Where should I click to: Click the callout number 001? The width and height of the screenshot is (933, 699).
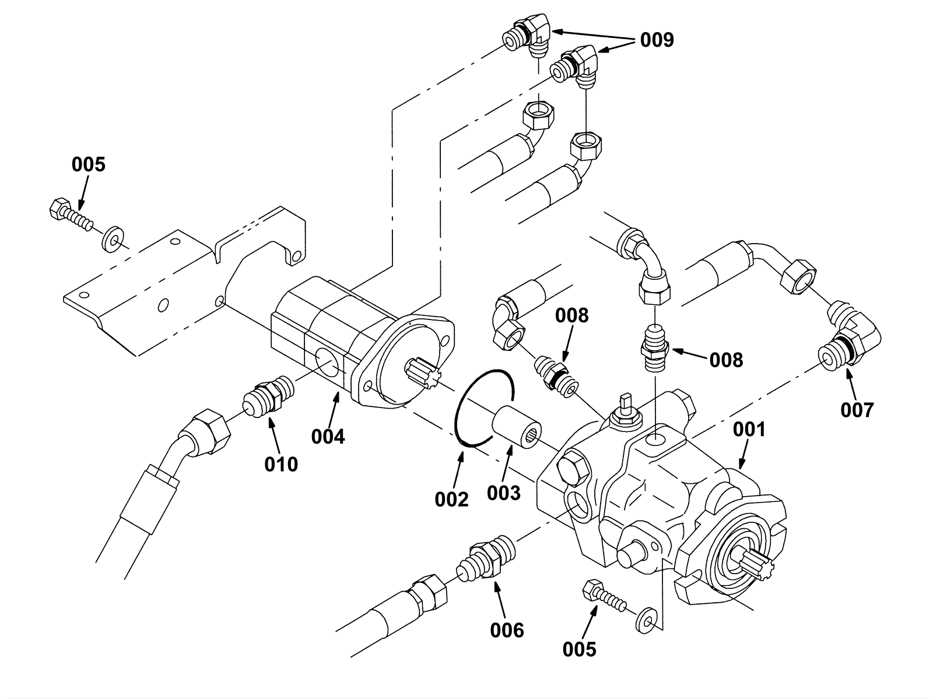749,430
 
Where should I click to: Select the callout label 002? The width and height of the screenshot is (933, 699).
451,500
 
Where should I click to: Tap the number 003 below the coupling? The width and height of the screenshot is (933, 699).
504,493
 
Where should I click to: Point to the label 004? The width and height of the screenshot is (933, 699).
328,437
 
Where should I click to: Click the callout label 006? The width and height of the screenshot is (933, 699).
507,631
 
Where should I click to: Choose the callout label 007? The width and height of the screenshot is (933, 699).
857,410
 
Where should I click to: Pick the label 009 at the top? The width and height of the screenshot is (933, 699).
657,40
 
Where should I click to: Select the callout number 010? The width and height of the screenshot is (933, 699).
281,465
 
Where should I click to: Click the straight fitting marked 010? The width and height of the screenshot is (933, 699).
268,396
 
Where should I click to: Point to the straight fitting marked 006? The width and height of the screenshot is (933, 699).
486,557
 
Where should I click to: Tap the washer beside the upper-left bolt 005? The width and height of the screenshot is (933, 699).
113,239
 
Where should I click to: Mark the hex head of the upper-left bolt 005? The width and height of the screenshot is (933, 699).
59,208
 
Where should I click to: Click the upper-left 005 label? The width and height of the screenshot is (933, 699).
89,164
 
